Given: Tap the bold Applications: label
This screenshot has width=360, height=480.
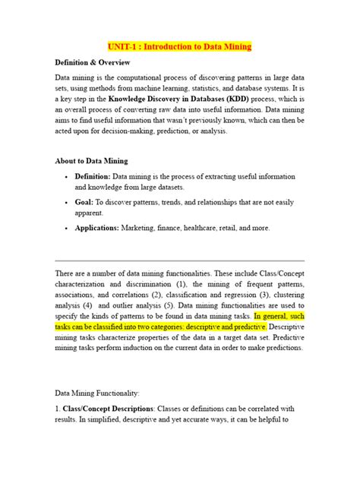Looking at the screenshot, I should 99,228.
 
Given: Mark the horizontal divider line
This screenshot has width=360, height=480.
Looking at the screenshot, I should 179,261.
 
